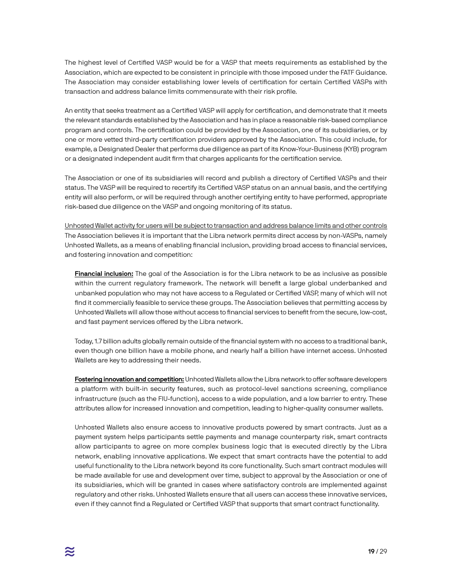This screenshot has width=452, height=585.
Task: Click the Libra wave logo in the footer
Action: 69,552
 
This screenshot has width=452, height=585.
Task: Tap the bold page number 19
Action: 371,552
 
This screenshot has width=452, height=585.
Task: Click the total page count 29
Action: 383,552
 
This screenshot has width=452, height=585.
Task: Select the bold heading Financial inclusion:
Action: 104,274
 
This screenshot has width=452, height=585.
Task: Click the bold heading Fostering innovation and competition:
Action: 129,380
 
